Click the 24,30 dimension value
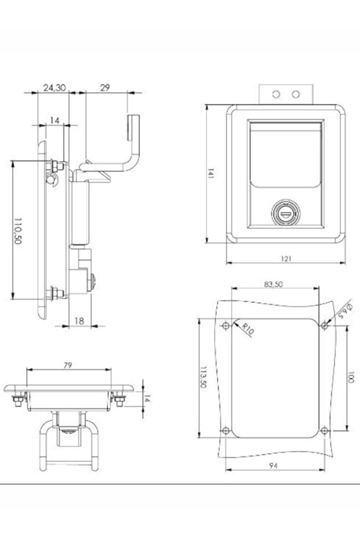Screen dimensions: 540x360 tap(54, 88)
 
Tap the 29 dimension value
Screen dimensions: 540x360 tap(105, 88)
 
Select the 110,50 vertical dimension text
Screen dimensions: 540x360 tap(18, 231)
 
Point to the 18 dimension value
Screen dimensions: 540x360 tap(80, 320)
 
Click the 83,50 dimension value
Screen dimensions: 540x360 tap(273, 284)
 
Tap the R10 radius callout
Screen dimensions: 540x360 tap(248, 330)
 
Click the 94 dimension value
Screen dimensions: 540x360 tap(273, 465)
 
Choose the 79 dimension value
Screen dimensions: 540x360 tap(68, 365)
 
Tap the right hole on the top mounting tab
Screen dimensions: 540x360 tap(296, 94)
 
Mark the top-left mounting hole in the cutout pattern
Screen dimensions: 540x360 tap(226, 325)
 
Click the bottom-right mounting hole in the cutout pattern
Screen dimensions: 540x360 tap(324, 431)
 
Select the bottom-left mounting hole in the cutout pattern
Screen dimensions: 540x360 tap(226, 431)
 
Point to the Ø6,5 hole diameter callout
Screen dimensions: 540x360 tap(341, 309)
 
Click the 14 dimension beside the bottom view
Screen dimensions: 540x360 tap(147, 399)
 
